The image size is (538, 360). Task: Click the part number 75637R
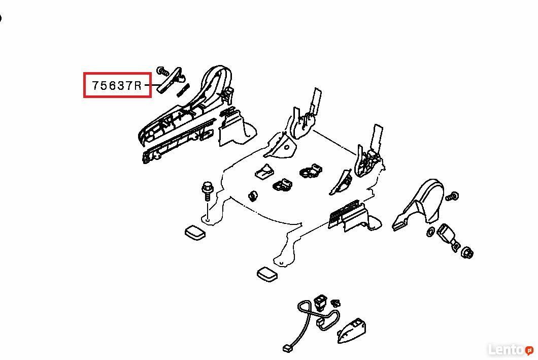click(x=117, y=85)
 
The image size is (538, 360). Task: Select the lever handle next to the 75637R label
click(x=169, y=80)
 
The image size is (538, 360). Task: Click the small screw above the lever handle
click(x=162, y=72)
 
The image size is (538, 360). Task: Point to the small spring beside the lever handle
click(x=183, y=90)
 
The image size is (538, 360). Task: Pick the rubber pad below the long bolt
click(x=195, y=233)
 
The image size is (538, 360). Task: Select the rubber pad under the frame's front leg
click(x=267, y=274)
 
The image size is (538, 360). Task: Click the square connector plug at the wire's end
click(x=288, y=349)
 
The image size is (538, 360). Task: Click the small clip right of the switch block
click(x=336, y=303)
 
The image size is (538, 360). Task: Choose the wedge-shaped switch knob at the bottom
click(x=351, y=331)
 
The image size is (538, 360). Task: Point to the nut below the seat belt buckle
click(x=467, y=253)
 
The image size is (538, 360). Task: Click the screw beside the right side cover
click(x=452, y=197)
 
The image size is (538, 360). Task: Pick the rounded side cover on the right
click(x=419, y=205)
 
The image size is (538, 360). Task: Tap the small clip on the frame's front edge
click(x=253, y=197)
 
